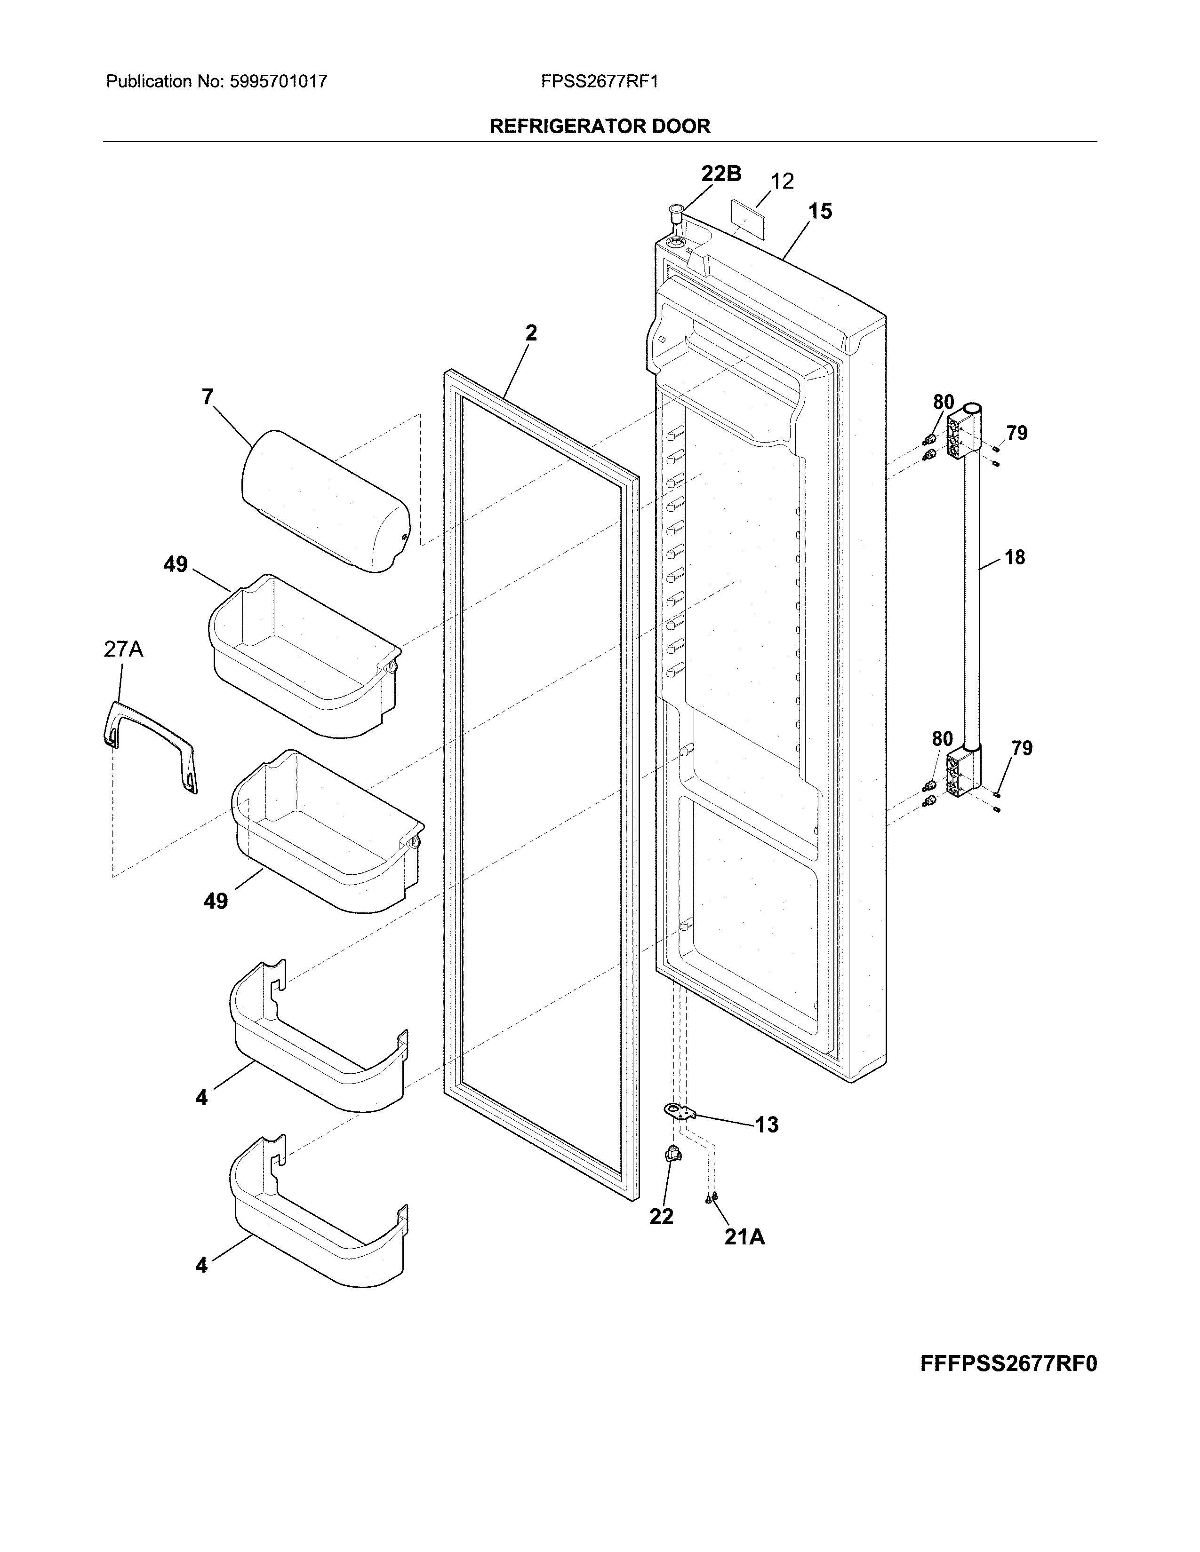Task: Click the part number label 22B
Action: tap(721, 174)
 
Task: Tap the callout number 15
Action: tap(820, 211)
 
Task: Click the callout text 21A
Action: tap(744, 1237)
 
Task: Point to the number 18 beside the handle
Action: tap(1015, 557)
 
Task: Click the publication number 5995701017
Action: tap(278, 82)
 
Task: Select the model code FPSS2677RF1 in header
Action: tap(599, 82)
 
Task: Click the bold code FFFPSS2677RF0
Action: tap(1008, 1364)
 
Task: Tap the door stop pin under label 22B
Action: tap(675, 214)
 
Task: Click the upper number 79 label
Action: tap(1016, 433)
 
